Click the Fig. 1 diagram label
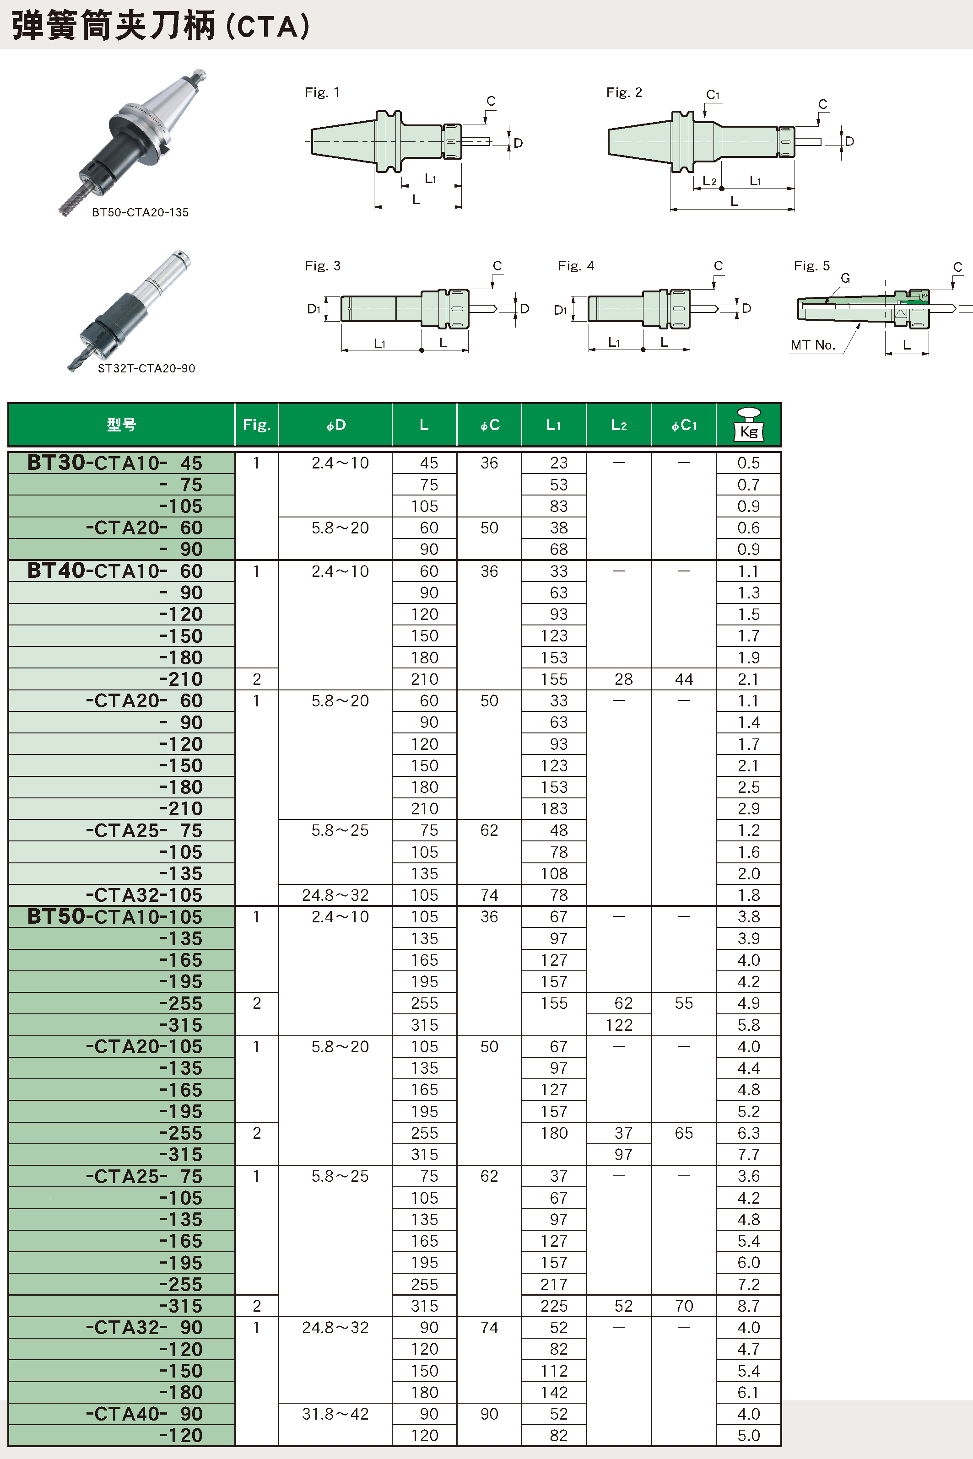tap(321, 92)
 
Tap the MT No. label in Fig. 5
tap(812, 345)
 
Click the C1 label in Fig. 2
tap(713, 95)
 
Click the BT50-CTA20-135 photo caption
tap(140, 212)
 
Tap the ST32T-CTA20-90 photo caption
tap(146, 368)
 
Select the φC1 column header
tap(684, 425)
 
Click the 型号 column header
tap(122, 425)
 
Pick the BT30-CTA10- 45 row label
tap(115, 463)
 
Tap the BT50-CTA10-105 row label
tap(115, 917)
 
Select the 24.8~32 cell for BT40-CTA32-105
tap(335, 895)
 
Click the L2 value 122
tap(619, 1025)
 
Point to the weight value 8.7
tap(748, 1306)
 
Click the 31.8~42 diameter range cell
tap(335, 1414)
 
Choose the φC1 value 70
tap(684, 1306)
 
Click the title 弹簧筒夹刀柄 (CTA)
tap(161, 26)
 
